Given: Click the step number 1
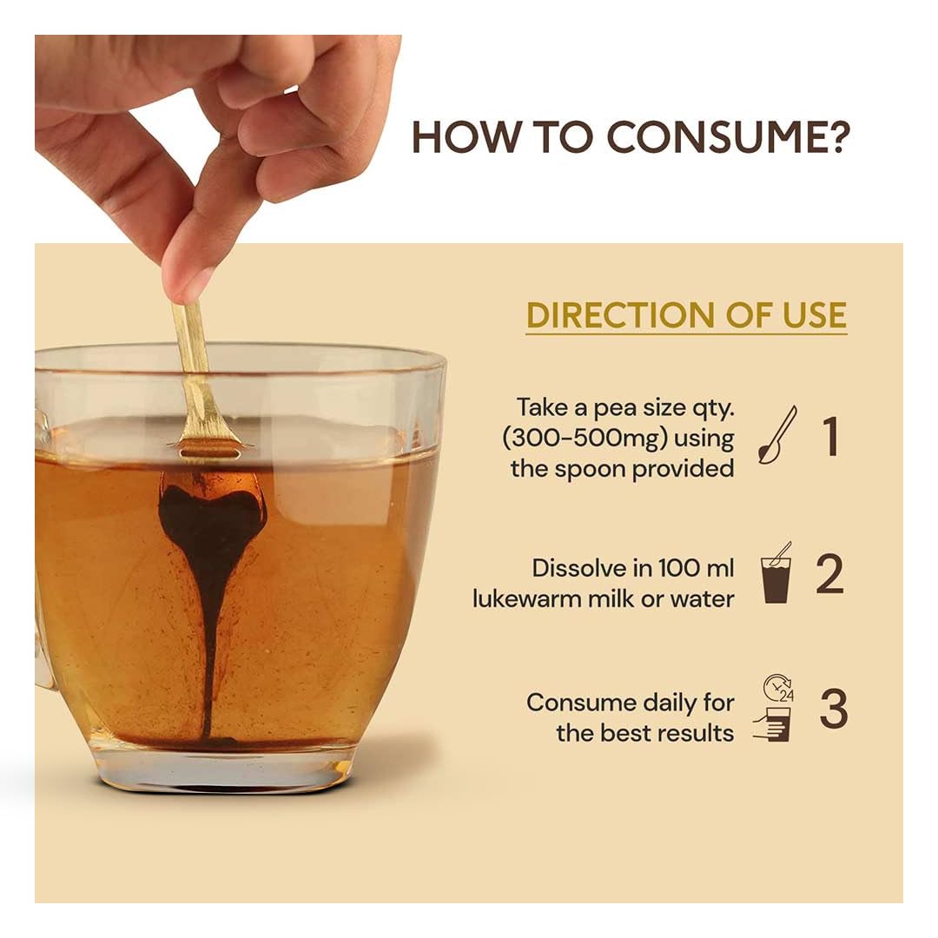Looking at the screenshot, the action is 830,437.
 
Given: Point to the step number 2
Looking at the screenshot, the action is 829,574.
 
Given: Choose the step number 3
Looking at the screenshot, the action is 833,708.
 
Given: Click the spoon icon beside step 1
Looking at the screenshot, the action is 777,435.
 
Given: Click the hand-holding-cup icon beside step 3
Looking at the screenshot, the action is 772,724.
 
